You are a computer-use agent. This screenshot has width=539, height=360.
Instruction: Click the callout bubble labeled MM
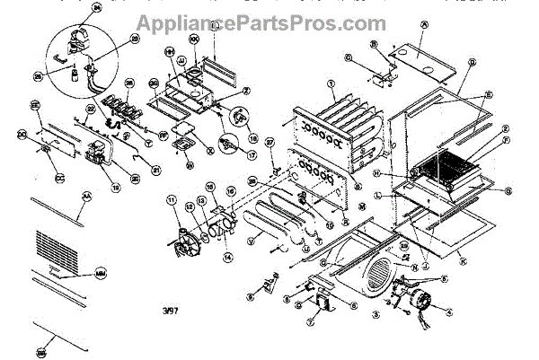100,272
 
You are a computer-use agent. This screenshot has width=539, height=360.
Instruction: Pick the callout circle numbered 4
446,312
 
